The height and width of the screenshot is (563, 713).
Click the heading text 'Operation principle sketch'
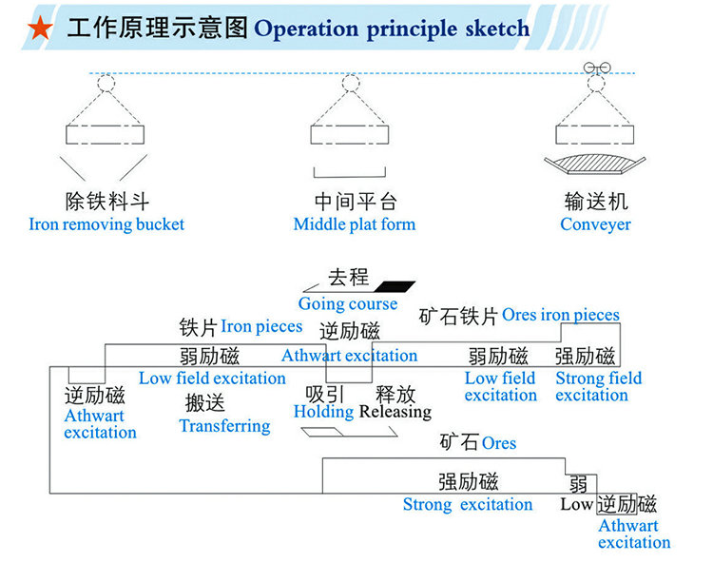tap(392, 28)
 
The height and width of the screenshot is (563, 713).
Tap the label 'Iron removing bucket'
tap(106, 225)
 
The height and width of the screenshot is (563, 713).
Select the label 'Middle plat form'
tap(355, 225)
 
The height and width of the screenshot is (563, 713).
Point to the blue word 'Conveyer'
tap(595, 225)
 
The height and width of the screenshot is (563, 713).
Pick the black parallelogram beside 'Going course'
tap(395, 285)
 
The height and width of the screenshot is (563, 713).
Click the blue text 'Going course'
tap(348, 304)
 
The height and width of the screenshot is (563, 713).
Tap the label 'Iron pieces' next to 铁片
tap(261, 326)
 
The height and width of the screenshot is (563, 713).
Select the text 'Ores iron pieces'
tap(561, 315)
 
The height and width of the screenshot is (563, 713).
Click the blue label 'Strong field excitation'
tap(598, 386)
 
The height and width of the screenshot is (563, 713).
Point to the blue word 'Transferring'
tap(224, 425)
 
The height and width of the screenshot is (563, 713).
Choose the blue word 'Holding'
tap(323, 412)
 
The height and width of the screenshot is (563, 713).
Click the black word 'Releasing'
tap(395, 412)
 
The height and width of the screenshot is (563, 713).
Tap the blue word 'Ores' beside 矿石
tap(499, 443)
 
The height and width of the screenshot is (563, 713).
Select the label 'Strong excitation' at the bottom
tap(468, 504)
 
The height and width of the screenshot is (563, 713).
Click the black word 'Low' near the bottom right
tap(576, 504)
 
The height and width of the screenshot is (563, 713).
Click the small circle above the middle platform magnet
tap(350, 83)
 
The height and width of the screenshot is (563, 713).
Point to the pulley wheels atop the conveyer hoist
tap(595, 68)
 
